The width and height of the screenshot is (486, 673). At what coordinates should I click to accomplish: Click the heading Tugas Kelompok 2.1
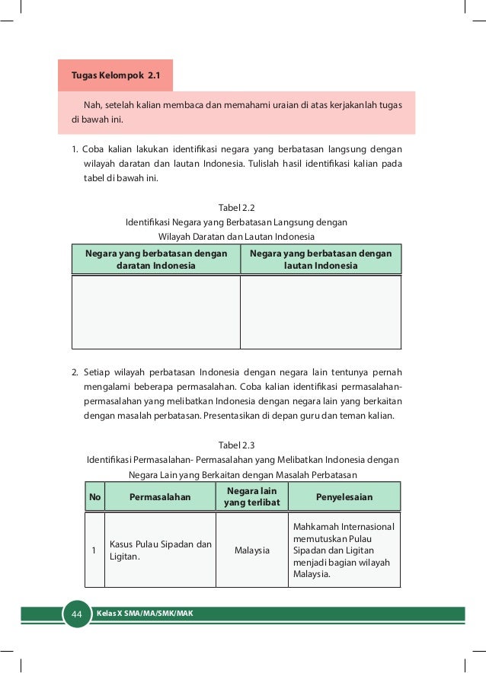pos(117,76)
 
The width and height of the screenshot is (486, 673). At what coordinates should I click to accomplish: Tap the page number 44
pos(76,614)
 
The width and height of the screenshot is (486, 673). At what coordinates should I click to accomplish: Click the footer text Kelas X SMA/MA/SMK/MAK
pos(144,613)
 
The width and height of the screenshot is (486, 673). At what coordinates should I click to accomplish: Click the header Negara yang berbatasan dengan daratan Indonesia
pos(155,260)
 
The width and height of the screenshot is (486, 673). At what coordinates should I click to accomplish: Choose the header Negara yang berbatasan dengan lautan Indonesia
pos(321,260)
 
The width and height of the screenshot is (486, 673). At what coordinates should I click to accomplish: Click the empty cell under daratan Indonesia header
pos(155,311)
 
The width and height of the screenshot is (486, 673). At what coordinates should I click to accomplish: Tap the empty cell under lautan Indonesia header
pos(321,311)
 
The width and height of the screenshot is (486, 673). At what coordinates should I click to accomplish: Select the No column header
pos(95,497)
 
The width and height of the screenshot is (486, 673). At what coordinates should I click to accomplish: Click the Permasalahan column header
pos(160,497)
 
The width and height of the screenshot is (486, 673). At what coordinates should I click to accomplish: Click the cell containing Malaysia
pos(251,550)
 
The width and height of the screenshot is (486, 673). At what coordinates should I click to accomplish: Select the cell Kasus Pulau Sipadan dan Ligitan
pos(160,550)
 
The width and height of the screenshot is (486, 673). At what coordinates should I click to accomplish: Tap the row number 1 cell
pos(94,550)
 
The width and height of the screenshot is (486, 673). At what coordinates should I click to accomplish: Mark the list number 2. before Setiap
pos(75,372)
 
